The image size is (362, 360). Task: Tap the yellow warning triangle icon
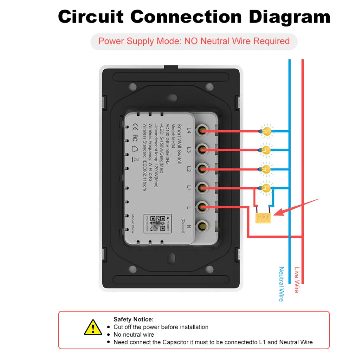[93, 327]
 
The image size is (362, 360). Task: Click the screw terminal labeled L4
[202, 131]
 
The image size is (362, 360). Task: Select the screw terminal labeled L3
[202, 150]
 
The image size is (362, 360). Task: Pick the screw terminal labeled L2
[202, 169]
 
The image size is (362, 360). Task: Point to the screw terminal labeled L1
[202, 188]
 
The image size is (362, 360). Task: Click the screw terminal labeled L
[202, 207]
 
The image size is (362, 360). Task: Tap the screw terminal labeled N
[202, 226]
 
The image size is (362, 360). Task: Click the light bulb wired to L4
[267, 131]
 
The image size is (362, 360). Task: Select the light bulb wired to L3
[267, 150]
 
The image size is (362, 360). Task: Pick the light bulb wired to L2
[267, 169]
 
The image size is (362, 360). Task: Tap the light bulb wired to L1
[267, 188]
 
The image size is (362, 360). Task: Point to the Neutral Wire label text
[281, 284]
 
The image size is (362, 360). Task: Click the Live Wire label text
[296, 280]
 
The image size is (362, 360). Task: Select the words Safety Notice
[133, 319]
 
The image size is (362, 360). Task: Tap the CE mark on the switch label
[135, 125]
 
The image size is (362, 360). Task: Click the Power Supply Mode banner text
[194, 41]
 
